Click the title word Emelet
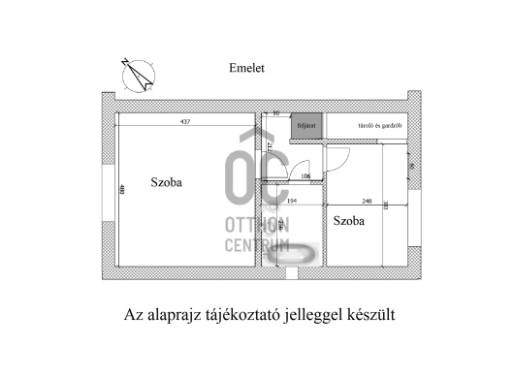tap(246, 68)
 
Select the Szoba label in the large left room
tap(167, 181)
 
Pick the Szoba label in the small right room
tap(349, 221)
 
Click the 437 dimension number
tap(184, 120)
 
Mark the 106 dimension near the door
tap(305, 176)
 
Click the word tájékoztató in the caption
tap(247, 314)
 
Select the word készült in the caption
tap(369, 314)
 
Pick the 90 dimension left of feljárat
tap(275, 113)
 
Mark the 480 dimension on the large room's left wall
tap(122, 190)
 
